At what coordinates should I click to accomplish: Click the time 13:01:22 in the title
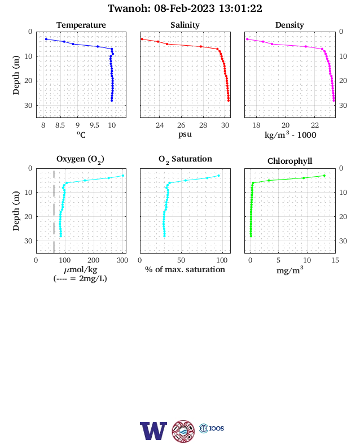[x=240, y=8]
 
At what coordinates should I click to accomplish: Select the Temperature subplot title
[x=81, y=25]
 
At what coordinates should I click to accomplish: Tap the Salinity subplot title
[x=185, y=25]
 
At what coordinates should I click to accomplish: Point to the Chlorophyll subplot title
[x=289, y=161]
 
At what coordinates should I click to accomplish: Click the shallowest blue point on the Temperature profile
[x=46, y=39]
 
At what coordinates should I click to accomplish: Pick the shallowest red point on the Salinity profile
[x=142, y=39]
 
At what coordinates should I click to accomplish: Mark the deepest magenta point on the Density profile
[x=333, y=101]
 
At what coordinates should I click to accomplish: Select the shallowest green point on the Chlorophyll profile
[x=324, y=176]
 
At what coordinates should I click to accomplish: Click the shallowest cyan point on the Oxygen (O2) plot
[x=123, y=176]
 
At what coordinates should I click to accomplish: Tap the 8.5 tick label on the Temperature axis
[x=60, y=125]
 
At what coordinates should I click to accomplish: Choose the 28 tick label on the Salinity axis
[x=203, y=125]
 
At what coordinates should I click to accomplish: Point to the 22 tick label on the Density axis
[x=315, y=125]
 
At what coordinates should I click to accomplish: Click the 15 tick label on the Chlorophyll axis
[x=335, y=260]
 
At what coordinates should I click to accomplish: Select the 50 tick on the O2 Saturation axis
[x=181, y=260]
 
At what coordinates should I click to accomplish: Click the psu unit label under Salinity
[x=185, y=134]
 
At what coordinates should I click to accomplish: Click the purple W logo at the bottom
[x=153, y=431]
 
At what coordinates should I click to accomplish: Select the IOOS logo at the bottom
[x=212, y=428]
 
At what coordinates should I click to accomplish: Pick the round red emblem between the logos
[x=183, y=431]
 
